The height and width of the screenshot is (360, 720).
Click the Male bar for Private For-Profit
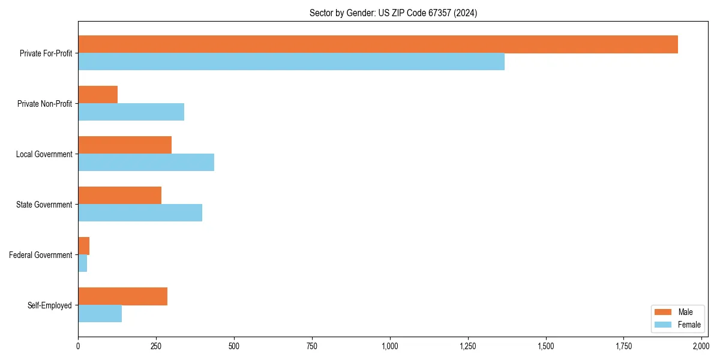(378, 44)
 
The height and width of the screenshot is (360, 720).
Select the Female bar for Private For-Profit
(291, 62)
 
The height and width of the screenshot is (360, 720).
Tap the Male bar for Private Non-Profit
(98, 95)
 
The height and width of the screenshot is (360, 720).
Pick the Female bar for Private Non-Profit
(131, 112)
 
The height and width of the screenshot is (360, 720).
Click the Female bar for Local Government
(146, 163)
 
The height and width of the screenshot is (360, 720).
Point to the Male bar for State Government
(119, 196)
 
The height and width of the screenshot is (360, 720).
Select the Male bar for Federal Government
(84, 246)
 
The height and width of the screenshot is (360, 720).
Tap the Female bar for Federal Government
(83, 263)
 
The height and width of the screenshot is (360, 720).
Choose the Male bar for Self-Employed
(122, 296)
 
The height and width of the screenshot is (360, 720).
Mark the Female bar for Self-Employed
(100, 314)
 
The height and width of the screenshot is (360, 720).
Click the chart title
(393, 13)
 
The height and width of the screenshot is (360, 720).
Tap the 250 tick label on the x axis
(156, 346)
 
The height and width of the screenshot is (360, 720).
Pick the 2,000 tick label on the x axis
(701, 346)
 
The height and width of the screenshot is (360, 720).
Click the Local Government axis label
(44, 154)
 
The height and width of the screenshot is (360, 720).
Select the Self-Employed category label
(50, 305)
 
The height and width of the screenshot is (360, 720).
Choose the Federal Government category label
(41, 255)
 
